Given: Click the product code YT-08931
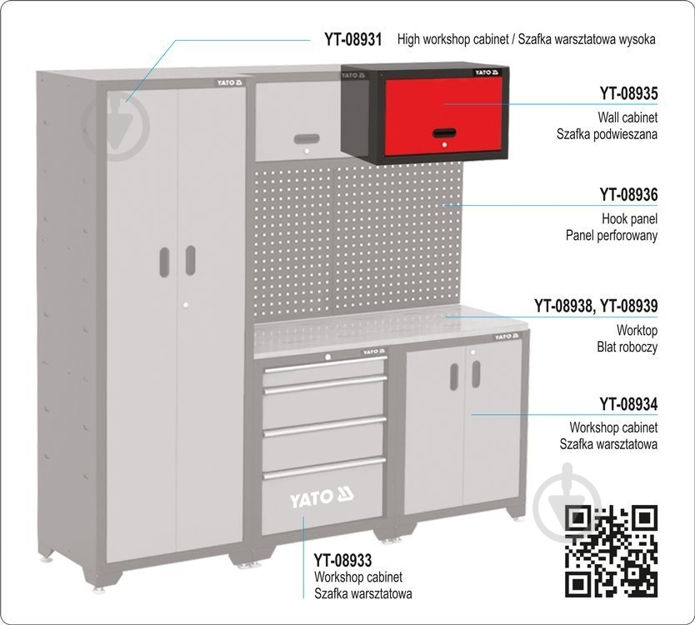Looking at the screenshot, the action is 352,39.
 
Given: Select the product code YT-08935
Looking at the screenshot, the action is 628,93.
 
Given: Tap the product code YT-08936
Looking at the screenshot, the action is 628,195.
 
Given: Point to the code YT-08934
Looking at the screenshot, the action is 628,404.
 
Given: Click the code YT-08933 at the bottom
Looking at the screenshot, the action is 342,560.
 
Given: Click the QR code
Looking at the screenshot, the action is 611,551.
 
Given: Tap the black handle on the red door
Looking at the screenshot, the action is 444,133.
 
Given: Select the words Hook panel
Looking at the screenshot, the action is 629,218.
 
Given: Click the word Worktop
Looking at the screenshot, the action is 637,330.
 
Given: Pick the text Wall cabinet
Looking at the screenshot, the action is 627,117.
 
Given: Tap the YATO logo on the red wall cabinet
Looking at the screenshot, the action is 487,72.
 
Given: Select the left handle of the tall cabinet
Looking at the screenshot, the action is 164,262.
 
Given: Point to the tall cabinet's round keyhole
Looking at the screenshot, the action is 186,305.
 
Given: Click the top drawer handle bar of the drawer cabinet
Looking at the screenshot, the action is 325,364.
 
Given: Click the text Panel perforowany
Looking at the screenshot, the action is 611,235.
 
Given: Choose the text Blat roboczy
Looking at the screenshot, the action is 627,347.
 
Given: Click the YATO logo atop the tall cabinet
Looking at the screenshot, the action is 230,82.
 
